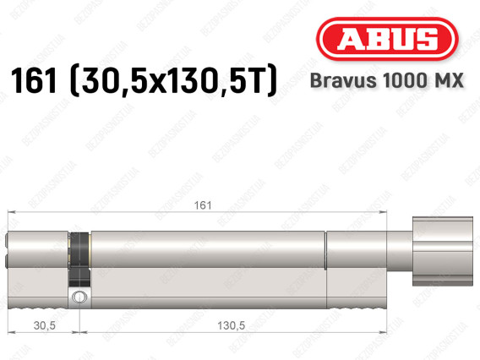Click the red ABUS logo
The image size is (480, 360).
[x=387, y=39]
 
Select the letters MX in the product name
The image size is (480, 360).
[x=449, y=80]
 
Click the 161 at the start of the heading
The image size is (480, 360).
[x=34, y=80]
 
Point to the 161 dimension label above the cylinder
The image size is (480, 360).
[x=203, y=205]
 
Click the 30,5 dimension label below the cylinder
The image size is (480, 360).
[x=45, y=325]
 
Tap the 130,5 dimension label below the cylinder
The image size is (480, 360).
[x=231, y=325]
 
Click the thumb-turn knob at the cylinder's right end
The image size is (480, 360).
[x=443, y=251]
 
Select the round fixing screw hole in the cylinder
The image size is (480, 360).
[x=79, y=297]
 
